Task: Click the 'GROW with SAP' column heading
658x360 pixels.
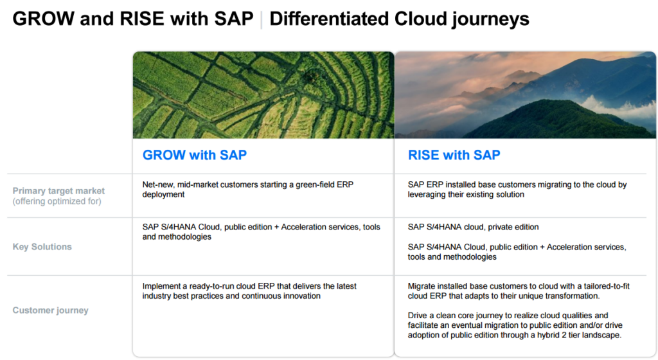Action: [x=194, y=155]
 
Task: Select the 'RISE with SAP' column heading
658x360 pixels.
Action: [x=454, y=155]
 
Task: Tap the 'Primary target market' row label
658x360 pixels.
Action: [x=58, y=191]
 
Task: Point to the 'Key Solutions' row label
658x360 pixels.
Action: [x=42, y=247]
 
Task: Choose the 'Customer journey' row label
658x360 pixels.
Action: [x=50, y=310]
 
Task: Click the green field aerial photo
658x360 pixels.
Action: [x=263, y=95]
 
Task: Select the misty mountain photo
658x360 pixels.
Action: [x=525, y=95]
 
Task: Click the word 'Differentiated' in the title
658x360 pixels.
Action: [x=328, y=19]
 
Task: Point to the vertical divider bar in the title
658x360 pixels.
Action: [x=262, y=20]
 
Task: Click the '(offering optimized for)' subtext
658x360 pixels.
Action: [x=57, y=201]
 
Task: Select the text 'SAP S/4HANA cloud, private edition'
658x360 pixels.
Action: [x=473, y=227]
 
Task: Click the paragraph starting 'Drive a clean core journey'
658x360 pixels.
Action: [x=515, y=325]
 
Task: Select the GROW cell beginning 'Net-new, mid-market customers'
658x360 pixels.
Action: [x=247, y=190]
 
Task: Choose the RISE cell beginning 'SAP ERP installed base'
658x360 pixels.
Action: [x=517, y=190]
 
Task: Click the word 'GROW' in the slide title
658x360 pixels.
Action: [x=43, y=19]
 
